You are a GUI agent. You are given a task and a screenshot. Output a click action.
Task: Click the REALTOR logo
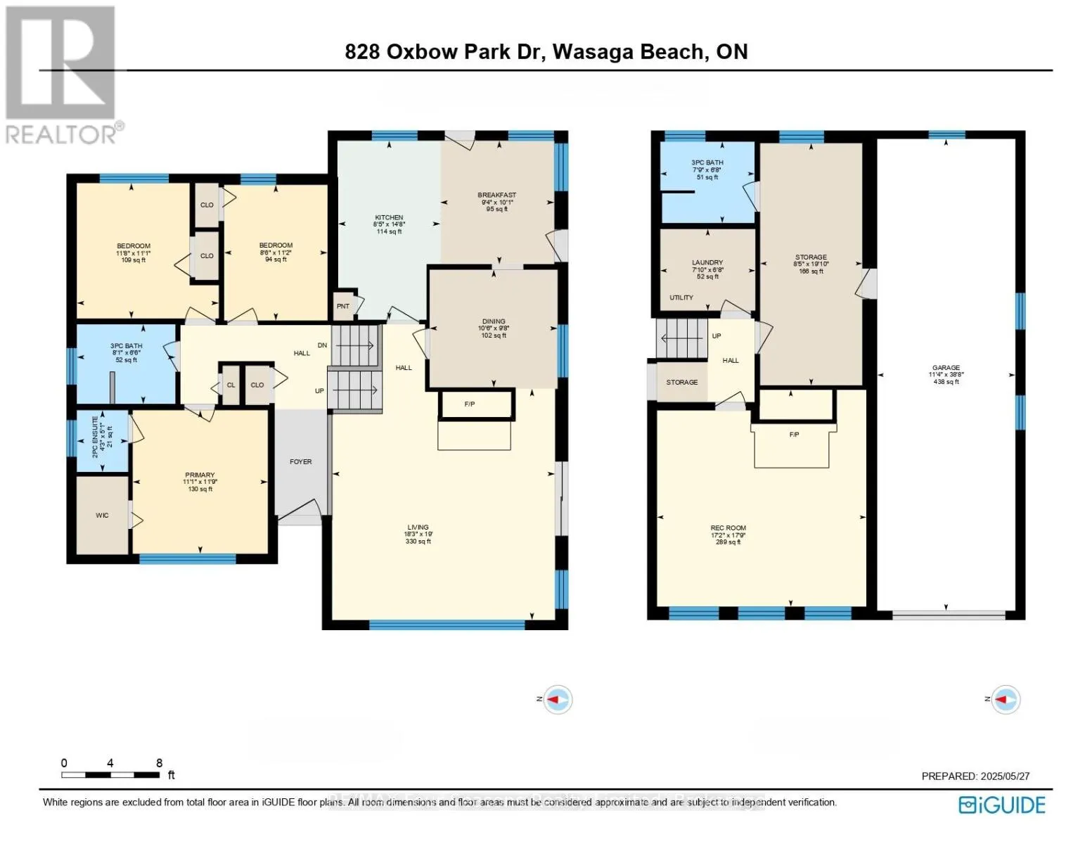coord(61,75)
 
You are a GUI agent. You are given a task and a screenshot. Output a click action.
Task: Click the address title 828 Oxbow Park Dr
coord(546,52)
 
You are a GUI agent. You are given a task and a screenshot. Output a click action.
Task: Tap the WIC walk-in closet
coord(102,516)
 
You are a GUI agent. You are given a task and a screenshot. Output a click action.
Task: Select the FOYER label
coord(300,462)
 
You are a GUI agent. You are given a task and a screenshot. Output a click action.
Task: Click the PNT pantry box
coord(343,307)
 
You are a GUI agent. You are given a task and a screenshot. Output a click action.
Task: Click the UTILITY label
coord(681,298)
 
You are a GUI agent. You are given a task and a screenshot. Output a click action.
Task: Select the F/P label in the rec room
coord(794,435)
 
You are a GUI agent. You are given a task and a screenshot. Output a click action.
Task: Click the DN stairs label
coord(322,345)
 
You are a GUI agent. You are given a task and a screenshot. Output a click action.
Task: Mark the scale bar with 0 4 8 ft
coord(113,772)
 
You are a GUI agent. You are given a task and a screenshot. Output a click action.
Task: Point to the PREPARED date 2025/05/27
coord(975,776)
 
